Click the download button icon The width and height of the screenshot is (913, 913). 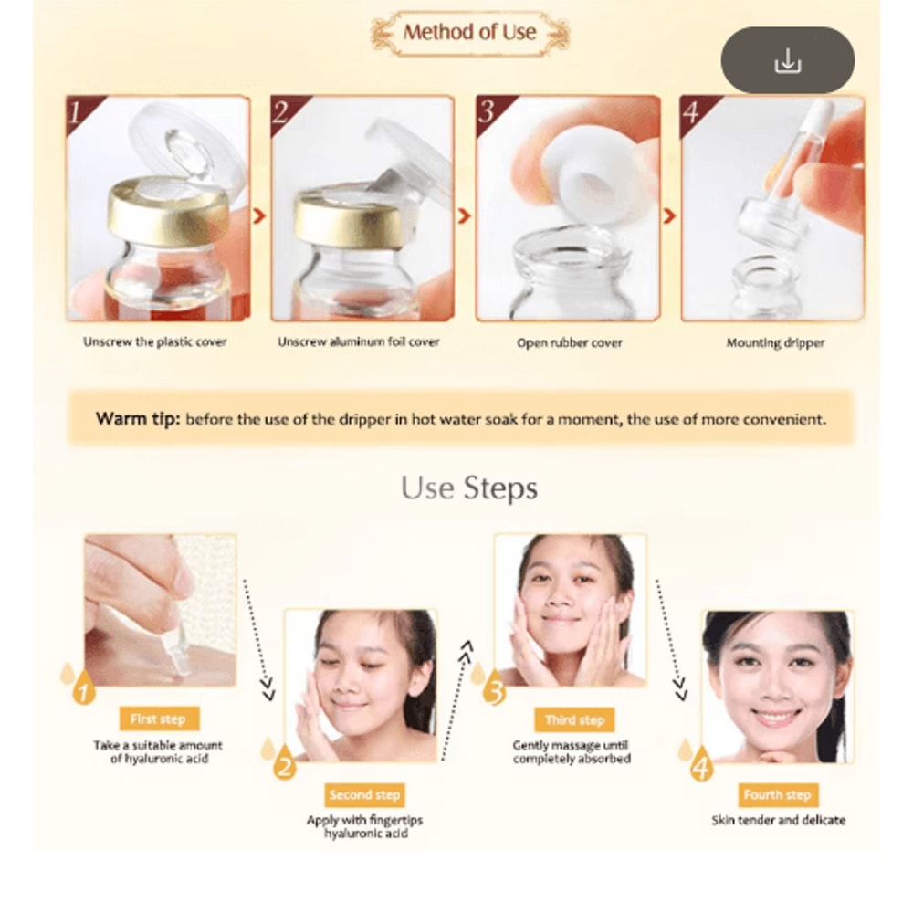pos(787,61)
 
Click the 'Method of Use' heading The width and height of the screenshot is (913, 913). pos(469,33)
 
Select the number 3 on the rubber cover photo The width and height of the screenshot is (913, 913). pos(487,111)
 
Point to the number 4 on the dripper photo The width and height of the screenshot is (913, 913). pos(691,111)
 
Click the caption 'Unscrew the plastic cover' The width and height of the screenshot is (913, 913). pos(155,342)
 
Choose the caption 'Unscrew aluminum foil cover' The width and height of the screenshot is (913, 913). pos(359,342)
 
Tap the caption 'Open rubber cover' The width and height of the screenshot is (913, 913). pos(570,343)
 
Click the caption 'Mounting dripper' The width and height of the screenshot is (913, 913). pos(775,343)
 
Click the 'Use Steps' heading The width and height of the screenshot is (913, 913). pos(469,488)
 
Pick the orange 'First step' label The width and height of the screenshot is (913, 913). pos(158,719)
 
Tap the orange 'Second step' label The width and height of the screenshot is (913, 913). pos(364,795)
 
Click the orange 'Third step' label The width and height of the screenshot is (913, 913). pos(574,719)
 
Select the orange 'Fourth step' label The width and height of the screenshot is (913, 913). pos(777,795)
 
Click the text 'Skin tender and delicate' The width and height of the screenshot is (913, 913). pos(778,820)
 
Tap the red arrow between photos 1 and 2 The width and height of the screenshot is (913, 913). pos(260,216)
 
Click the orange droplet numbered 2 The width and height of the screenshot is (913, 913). pos(284,764)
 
